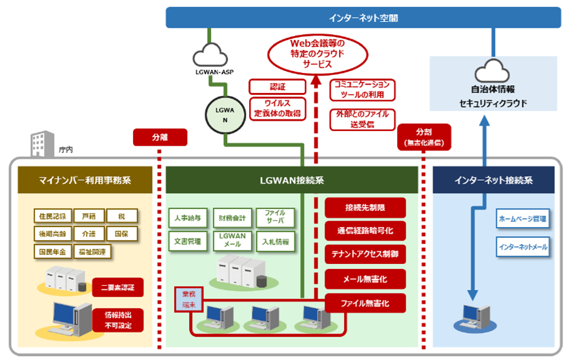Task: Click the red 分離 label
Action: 159,137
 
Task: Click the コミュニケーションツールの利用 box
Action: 362,90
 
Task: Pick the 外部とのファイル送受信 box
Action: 362,119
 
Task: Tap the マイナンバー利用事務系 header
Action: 84,180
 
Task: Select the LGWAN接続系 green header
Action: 292,180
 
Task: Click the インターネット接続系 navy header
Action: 493,180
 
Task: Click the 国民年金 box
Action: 52,251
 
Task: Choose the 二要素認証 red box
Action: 117,285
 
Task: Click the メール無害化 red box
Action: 365,279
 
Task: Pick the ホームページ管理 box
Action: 522,219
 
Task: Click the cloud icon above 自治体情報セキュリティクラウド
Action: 493,70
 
